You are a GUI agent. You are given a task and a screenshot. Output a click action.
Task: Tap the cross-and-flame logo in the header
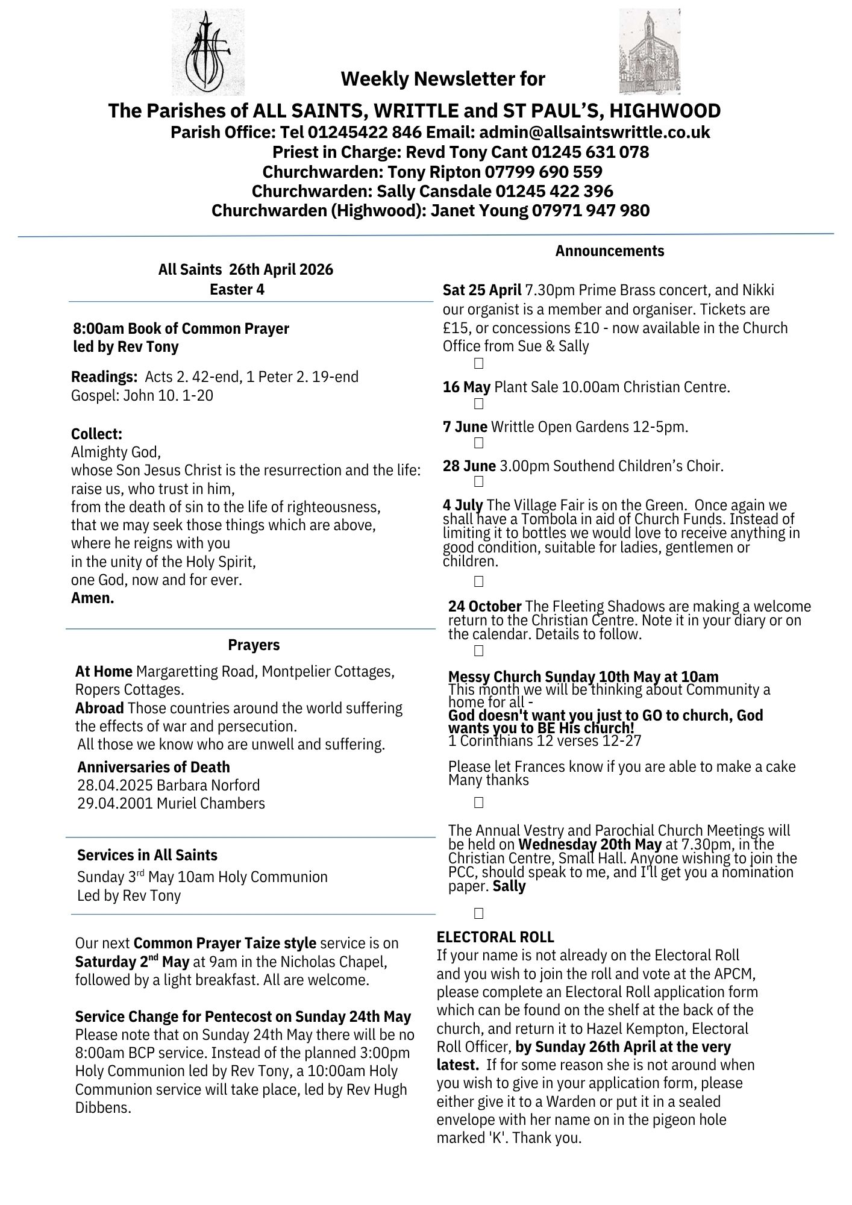[x=208, y=52]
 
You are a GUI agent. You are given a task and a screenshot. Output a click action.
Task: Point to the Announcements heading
[x=610, y=251]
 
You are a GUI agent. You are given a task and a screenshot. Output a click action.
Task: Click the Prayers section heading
[x=254, y=645]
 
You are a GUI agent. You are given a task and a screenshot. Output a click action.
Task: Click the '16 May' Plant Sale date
[x=466, y=387]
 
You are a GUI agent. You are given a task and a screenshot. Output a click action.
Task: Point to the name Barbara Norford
[x=208, y=785]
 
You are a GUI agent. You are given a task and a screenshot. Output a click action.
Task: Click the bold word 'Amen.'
[x=93, y=598]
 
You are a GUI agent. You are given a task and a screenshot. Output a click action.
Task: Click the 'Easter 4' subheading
[x=237, y=289]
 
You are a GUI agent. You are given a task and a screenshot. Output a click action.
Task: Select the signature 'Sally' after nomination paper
[x=509, y=886]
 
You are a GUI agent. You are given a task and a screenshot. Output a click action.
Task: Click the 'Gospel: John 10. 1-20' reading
[x=142, y=395]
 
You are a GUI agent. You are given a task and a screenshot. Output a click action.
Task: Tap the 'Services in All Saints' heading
[x=147, y=855]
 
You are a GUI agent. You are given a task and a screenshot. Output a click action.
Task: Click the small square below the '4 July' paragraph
[x=479, y=581]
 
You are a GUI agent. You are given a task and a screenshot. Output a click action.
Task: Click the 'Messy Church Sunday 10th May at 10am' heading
[x=583, y=677]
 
